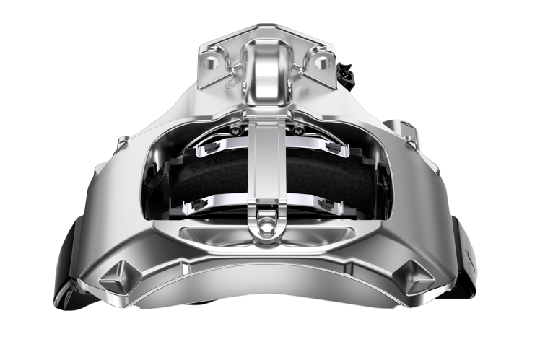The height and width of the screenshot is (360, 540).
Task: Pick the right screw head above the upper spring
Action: pyautogui.click(x=297, y=130)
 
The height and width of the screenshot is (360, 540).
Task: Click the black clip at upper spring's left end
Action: pyautogui.click(x=210, y=147)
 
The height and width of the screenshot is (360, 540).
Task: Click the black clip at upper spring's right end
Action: pyautogui.click(x=332, y=147)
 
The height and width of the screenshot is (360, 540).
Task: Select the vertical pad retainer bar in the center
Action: pyautogui.click(x=266, y=173)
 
